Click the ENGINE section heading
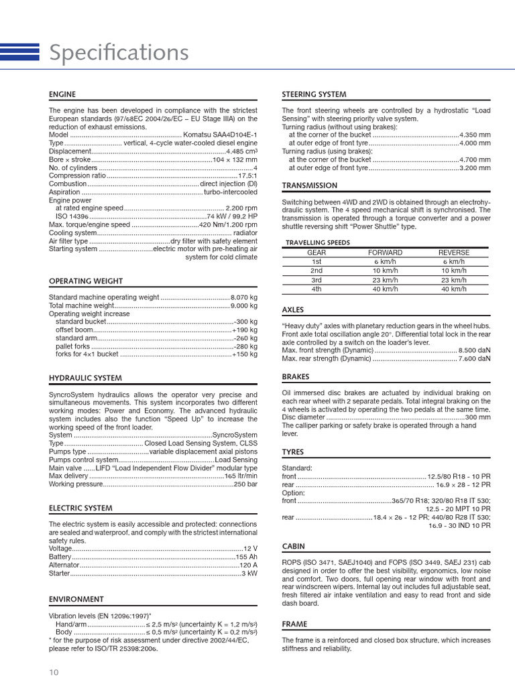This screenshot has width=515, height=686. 62,94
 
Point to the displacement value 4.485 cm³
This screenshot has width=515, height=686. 242,151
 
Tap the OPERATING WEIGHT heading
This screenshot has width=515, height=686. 86,281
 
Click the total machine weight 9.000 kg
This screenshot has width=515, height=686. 244,305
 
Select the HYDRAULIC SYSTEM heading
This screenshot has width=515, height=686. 85,379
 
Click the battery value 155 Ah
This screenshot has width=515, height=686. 246,557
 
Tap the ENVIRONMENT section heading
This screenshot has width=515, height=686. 76,599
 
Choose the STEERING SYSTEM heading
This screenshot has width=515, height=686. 314,94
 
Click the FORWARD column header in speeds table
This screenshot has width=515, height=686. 386,253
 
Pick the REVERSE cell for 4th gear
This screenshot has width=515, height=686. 453,289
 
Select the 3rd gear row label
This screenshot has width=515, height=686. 317,280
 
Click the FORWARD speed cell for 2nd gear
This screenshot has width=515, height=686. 386,271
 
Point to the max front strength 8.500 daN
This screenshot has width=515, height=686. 474,350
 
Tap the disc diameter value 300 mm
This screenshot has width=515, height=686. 477,417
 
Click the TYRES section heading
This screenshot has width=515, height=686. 293,452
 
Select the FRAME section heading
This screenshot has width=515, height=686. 294,624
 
